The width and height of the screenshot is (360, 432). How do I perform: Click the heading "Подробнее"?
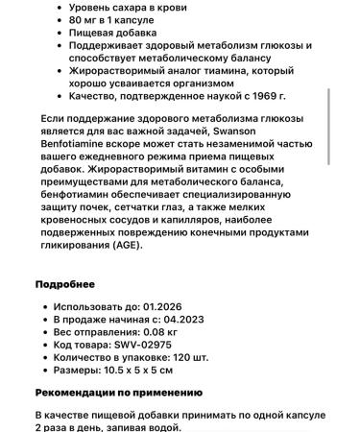pos(65,284)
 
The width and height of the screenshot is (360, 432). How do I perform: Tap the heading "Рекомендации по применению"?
pos(119,392)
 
